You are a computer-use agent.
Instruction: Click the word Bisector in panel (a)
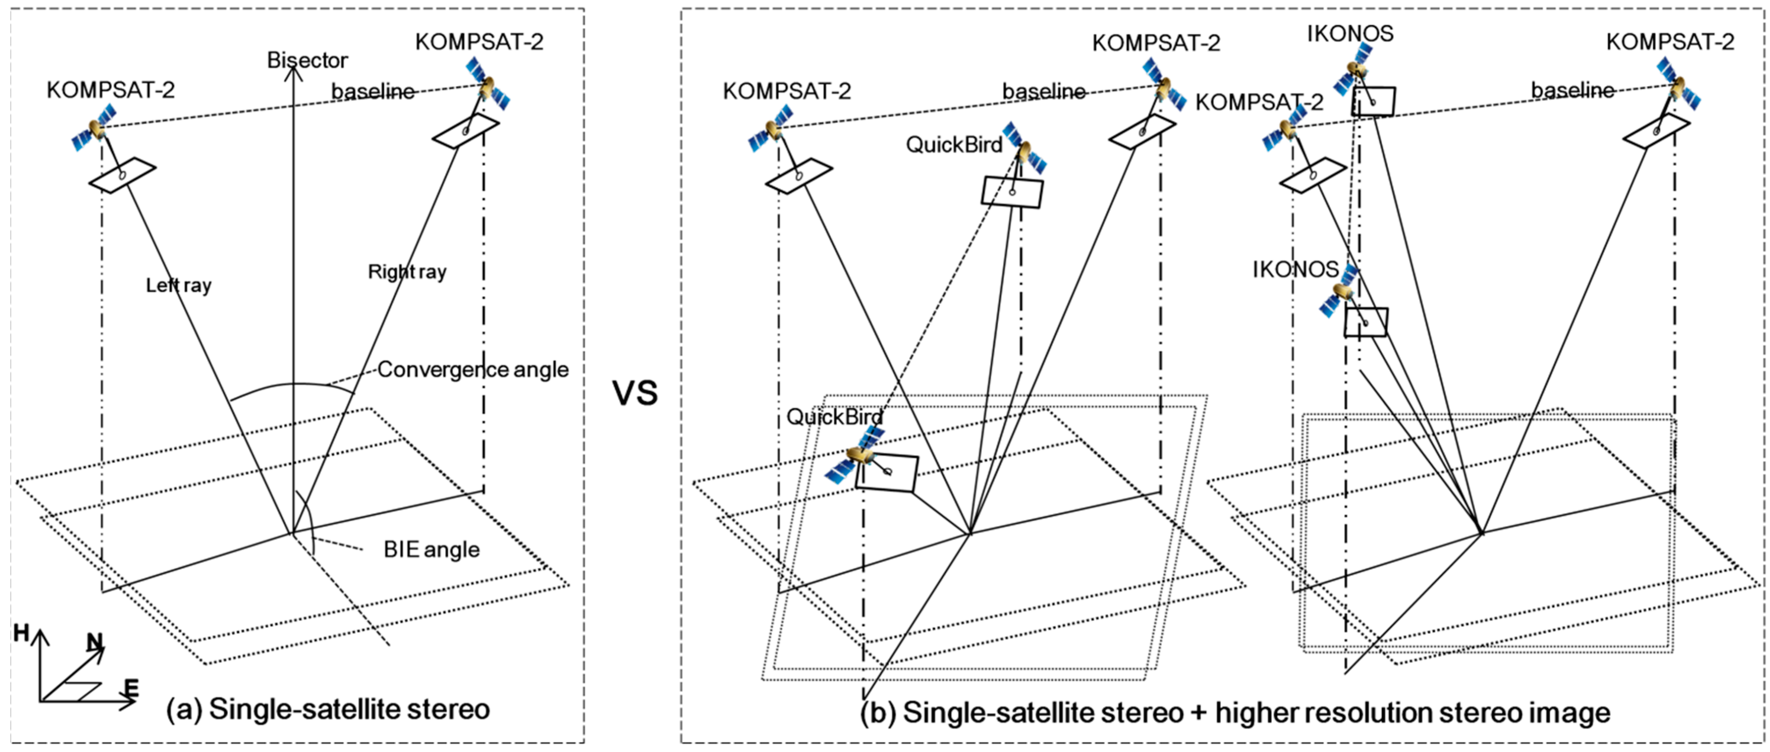pyautogui.click(x=307, y=61)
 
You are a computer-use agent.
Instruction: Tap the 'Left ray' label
pyautogui.click(x=179, y=285)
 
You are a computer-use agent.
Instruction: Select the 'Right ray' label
pyautogui.click(x=407, y=272)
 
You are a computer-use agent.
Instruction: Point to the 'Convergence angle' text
pyautogui.click(x=473, y=370)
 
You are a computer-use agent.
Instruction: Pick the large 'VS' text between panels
pyautogui.click(x=635, y=394)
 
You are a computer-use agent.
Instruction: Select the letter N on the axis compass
pyautogui.click(x=94, y=642)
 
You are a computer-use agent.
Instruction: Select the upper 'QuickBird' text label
pyautogui.click(x=954, y=145)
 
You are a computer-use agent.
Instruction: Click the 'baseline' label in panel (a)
pyautogui.click(x=373, y=91)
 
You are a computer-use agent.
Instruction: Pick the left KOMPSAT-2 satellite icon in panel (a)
pyautogui.click(x=94, y=128)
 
